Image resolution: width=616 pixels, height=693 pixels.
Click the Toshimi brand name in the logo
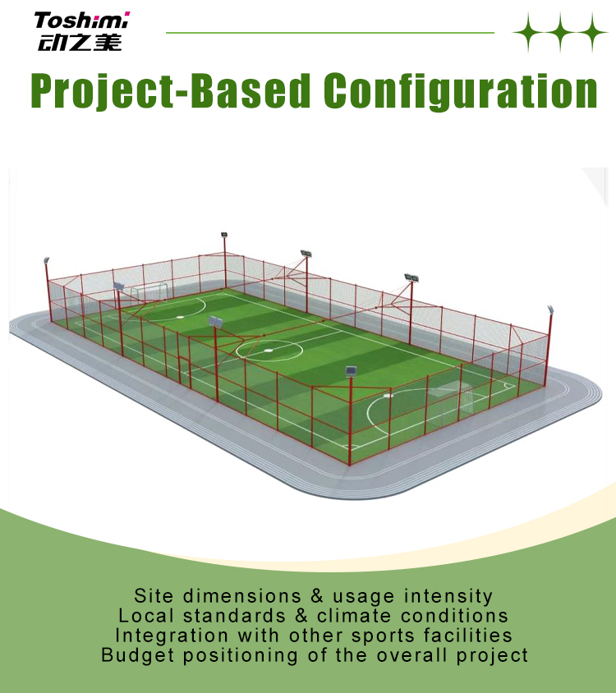[x=82, y=21]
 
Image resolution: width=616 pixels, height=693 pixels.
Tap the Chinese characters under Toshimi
[x=80, y=43]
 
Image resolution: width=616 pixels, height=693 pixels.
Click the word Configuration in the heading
[x=460, y=91]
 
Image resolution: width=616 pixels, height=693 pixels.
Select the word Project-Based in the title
[x=170, y=91]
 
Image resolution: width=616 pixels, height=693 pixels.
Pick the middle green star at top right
[x=560, y=32]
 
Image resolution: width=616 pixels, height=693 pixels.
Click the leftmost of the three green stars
[x=528, y=32]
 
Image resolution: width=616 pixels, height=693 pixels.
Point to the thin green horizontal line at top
[x=330, y=32]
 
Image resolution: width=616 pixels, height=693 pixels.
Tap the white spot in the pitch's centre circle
[x=269, y=351]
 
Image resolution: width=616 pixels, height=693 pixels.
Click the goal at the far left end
[x=149, y=292]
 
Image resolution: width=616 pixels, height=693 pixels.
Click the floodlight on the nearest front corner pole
[x=351, y=371]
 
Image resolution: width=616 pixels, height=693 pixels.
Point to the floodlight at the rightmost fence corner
[x=550, y=310]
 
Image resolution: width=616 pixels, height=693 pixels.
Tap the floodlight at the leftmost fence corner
[x=46, y=260]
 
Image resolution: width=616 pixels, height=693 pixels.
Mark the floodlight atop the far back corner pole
[x=224, y=235]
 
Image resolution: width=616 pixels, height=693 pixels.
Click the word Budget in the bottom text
[x=137, y=655]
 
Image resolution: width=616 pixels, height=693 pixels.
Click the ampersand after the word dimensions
[x=316, y=596]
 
